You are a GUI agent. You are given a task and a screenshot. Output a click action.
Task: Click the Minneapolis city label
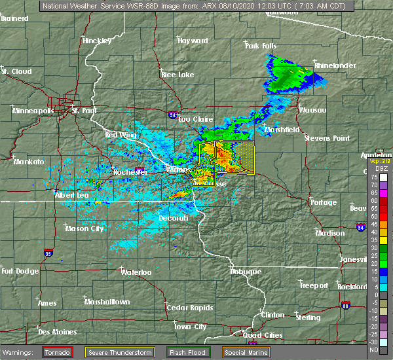pyautogui.click(x=33, y=111)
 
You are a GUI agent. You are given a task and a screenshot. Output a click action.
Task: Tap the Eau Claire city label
pyautogui.click(x=195, y=119)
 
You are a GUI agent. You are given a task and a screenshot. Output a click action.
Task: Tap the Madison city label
pyautogui.click(x=329, y=233)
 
